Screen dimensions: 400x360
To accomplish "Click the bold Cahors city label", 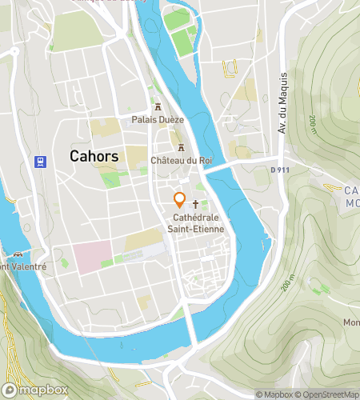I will click(x=94, y=157).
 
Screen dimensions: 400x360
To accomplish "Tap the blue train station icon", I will click(x=39, y=161).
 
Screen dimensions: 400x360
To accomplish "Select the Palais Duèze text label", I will click(x=158, y=120).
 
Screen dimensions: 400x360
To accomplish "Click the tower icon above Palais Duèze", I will click(x=158, y=106).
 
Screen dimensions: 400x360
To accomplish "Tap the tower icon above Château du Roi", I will click(x=181, y=147).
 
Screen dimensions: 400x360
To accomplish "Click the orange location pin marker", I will click(x=180, y=200).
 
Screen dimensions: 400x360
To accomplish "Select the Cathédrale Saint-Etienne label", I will click(x=195, y=223).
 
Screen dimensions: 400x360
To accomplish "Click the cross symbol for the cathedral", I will click(x=195, y=205).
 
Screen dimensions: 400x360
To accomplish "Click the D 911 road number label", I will click(x=280, y=170).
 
